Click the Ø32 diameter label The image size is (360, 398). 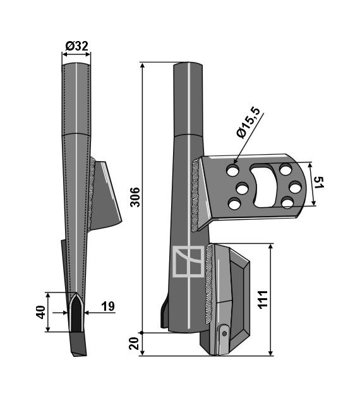[x=76, y=46]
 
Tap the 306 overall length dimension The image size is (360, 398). [x=135, y=197]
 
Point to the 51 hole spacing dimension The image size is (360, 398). [x=319, y=183]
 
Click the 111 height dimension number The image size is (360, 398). [x=263, y=299]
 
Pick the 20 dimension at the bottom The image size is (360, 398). [x=134, y=344]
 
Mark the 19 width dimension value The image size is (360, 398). [x=108, y=306]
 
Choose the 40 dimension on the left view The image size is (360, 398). [x=41, y=312]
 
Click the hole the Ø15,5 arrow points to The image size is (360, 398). [x=233, y=171]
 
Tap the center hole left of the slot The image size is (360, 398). [x=242, y=189]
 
